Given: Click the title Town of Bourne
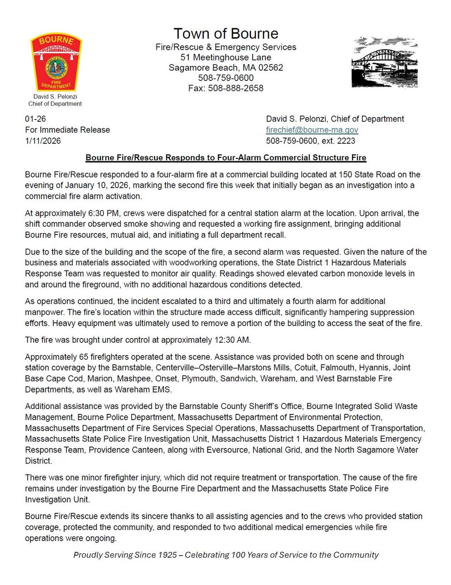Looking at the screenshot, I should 226,34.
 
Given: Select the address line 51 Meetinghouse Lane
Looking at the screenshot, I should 226,58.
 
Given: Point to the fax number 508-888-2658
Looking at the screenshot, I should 226,88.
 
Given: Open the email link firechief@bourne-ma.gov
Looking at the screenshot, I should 312,130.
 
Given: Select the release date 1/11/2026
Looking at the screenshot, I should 42,141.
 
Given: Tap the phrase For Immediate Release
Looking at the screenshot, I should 67,130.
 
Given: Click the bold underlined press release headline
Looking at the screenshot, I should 226,158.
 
